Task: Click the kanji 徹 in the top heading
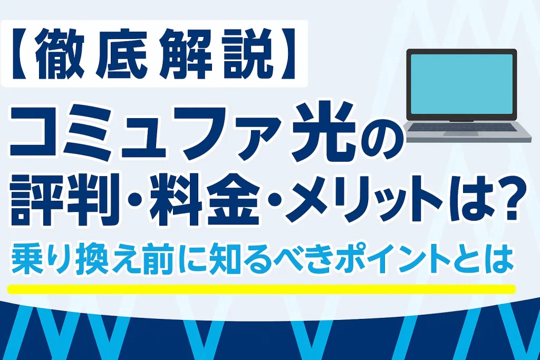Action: pyautogui.click(x=60, y=54)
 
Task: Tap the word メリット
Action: pyautogui.click(x=364, y=201)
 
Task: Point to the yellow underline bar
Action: pyautogui.click(x=261, y=289)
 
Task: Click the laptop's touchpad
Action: pyautogui.click(x=460, y=133)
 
